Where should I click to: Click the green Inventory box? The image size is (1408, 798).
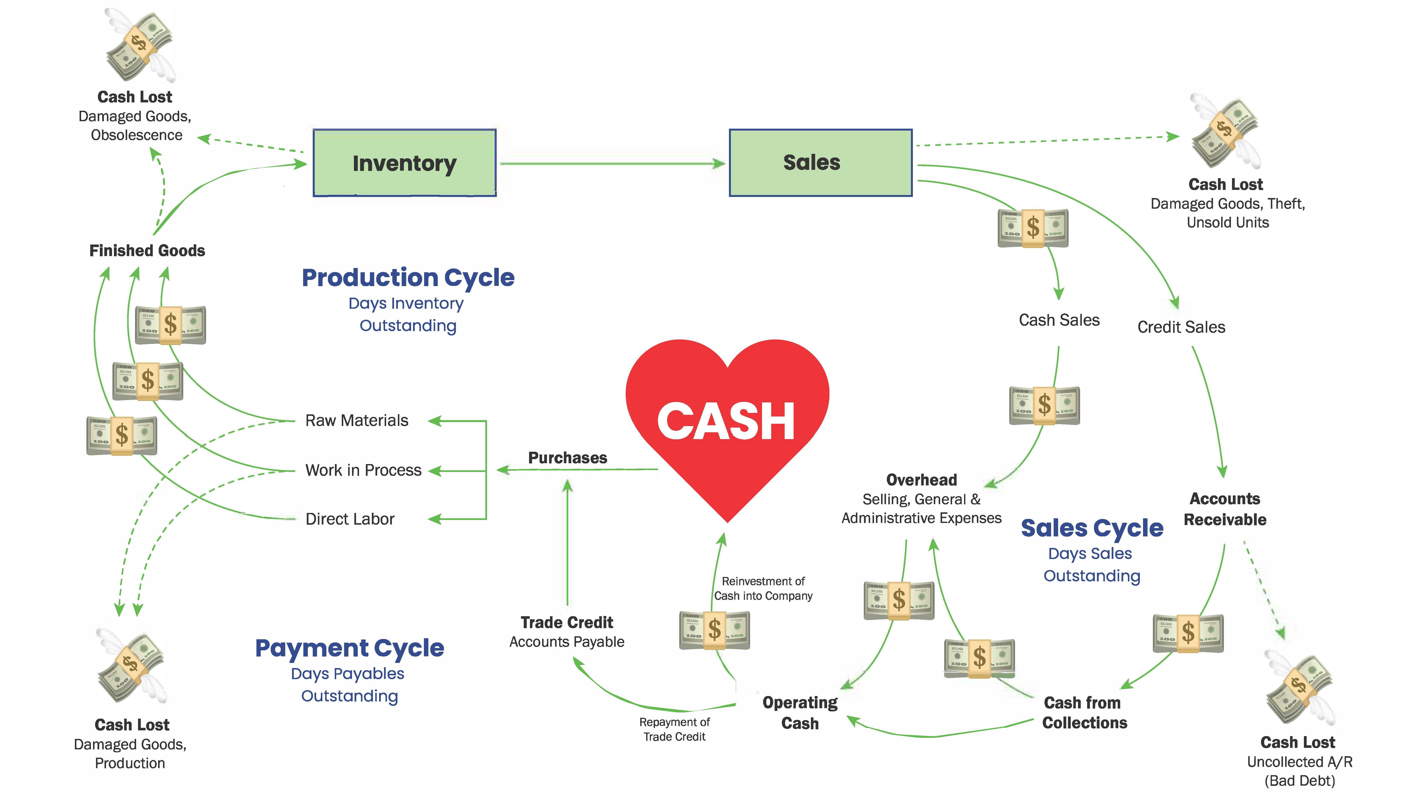click(404, 163)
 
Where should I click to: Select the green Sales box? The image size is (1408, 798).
click(820, 163)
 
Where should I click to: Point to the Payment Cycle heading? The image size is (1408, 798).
click(349, 648)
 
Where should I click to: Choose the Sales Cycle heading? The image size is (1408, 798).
click(1092, 528)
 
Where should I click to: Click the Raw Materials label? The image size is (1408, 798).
click(357, 420)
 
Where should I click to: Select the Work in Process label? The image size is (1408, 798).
click(363, 470)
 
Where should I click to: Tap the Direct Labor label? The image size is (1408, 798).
click(350, 519)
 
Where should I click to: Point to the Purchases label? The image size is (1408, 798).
click(568, 458)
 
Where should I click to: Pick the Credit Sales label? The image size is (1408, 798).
click(1181, 327)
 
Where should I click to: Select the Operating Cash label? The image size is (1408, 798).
click(800, 712)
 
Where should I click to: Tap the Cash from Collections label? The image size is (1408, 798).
click(1084, 712)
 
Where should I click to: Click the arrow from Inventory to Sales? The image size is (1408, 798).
click(612, 163)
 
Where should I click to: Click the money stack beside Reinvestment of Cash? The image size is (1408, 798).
click(714, 630)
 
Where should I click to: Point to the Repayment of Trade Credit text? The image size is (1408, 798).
click(674, 730)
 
